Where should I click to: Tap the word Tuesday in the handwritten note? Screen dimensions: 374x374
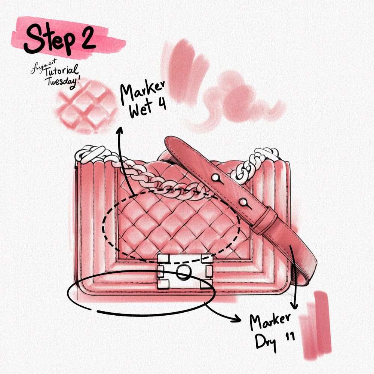coord(62,82)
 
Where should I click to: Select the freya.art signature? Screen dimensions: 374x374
coord(43,67)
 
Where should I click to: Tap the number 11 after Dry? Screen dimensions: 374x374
coord(290,337)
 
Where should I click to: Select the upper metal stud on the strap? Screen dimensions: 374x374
coord(215,177)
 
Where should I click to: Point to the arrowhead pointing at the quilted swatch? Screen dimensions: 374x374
coord(119,130)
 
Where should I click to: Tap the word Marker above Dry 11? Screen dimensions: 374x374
coord(270,321)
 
